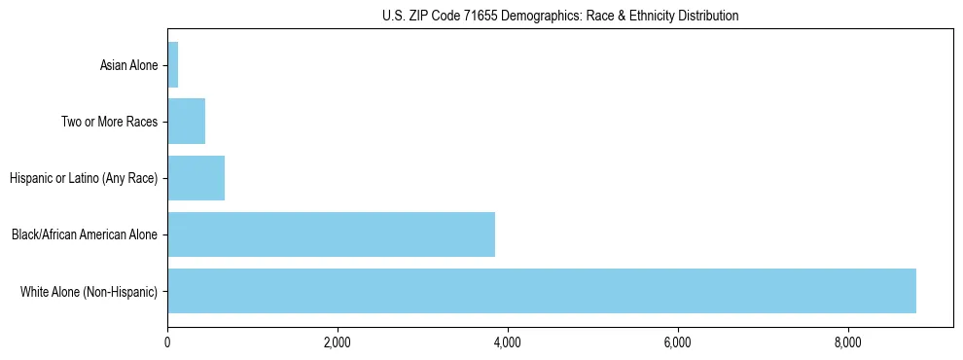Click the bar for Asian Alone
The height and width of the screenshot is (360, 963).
[x=173, y=65]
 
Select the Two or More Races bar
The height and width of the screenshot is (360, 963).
[x=187, y=122]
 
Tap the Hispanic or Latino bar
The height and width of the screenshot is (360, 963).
[x=196, y=178]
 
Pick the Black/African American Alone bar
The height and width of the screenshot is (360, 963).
[x=331, y=234]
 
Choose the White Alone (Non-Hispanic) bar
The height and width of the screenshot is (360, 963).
[x=542, y=291]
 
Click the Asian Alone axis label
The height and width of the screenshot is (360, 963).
[x=128, y=65]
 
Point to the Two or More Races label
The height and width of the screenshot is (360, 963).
[x=109, y=122]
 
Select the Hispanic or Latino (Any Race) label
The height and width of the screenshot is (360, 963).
[x=84, y=178]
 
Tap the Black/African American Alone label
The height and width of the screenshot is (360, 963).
[x=85, y=234]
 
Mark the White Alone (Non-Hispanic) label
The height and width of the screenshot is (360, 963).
[x=89, y=291]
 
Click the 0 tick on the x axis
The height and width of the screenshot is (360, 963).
[x=167, y=342]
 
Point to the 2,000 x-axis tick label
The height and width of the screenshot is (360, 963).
[x=338, y=342]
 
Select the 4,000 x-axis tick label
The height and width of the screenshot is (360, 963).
[x=508, y=342]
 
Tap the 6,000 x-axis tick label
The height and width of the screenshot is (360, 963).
[x=677, y=342]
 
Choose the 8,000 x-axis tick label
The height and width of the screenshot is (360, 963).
[x=847, y=342]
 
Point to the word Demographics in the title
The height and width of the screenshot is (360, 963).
[x=532, y=16]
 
